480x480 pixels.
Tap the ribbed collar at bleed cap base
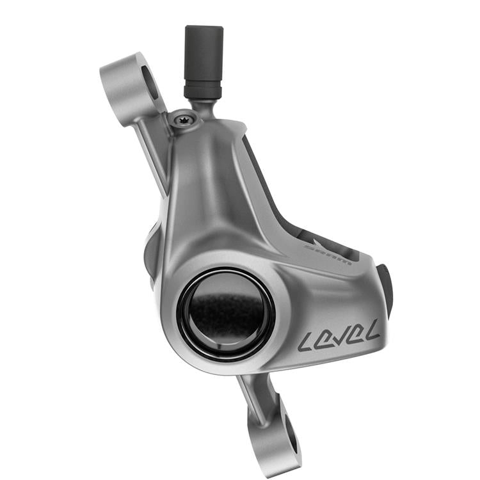203,87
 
